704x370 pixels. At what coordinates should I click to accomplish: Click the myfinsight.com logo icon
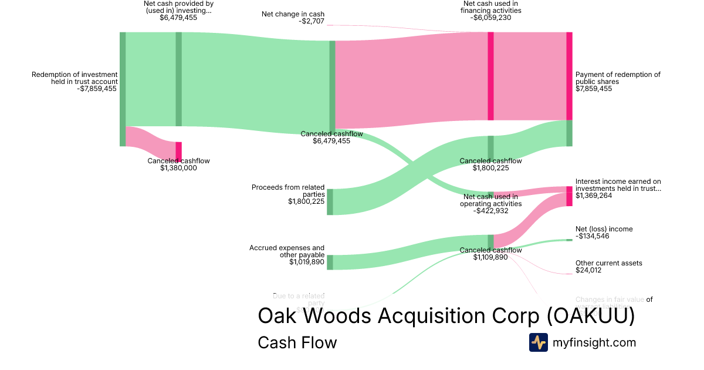point(539,342)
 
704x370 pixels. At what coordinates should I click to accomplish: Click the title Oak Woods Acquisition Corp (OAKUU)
point(446,316)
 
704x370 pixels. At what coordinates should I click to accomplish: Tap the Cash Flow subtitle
point(297,342)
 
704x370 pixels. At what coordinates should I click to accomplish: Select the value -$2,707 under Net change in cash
point(312,21)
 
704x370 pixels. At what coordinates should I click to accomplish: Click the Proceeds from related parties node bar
point(330,201)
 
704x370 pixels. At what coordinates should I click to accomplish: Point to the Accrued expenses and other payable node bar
point(330,262)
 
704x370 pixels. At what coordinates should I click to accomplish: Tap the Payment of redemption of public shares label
point(618,78)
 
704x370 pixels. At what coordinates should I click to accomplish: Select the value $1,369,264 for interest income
point(594,196)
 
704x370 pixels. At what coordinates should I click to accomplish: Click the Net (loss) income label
point(604,229)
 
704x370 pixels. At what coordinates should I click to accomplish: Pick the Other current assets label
point(608,263)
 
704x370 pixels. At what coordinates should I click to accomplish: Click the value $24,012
point(588,270)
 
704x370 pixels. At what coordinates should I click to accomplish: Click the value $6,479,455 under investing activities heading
point(178,18)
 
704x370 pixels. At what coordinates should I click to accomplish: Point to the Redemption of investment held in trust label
point(75,78)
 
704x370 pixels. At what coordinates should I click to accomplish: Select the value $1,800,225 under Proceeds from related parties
point(306,201)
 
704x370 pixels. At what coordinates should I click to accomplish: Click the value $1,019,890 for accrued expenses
point(306,262)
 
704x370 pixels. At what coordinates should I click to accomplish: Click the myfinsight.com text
point(594,342)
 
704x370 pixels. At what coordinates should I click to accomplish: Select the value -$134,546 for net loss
point(593,236)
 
